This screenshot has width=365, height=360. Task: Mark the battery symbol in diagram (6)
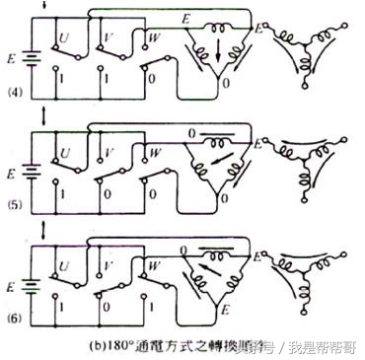click(x=36, y=283)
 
